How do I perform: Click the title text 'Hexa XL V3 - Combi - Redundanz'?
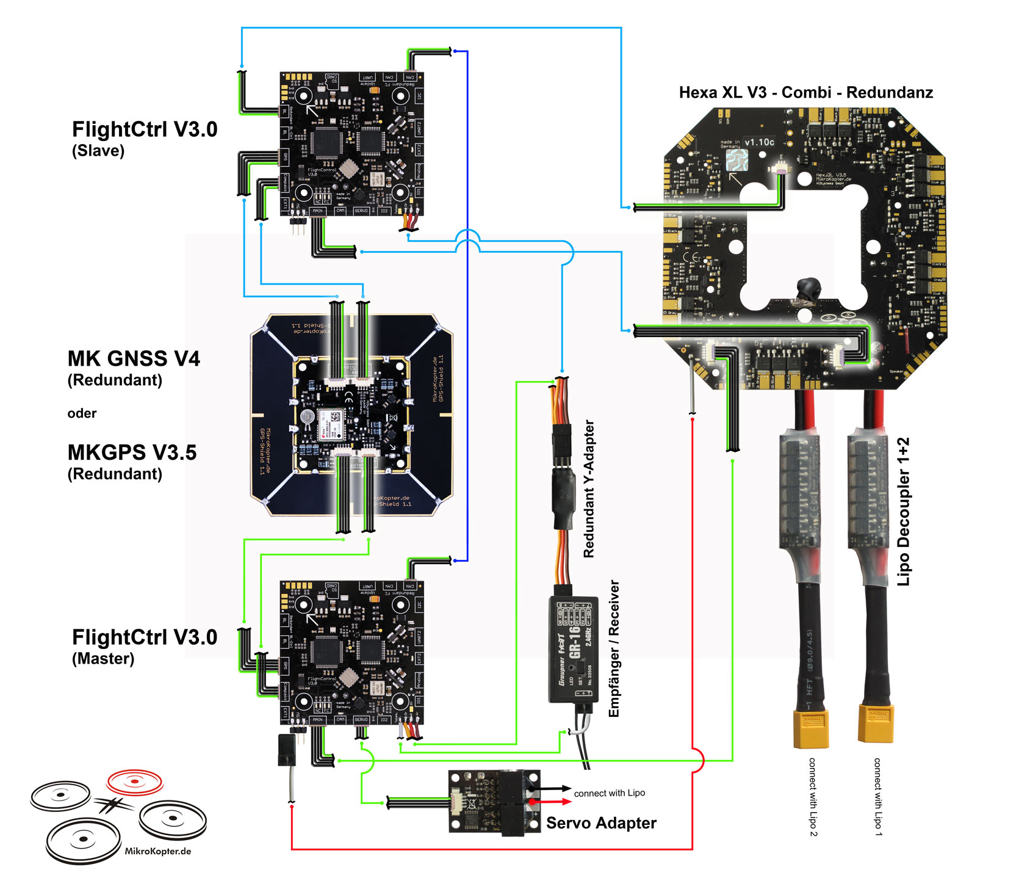[805, 93]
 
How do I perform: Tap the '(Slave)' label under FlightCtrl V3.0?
[98, 151]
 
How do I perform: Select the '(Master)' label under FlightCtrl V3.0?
[103, 659]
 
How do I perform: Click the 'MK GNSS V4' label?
[134, 358]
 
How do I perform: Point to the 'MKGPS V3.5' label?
[132, 452]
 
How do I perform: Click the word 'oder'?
[82, 413]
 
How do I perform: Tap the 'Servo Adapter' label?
[601, 823]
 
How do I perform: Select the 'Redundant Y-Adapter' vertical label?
[589, 488]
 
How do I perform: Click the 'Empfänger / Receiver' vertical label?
[614, 648]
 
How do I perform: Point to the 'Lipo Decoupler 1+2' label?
[904, 512]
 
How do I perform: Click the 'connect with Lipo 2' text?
[812, 797]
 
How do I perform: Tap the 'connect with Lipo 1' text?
[877, 797]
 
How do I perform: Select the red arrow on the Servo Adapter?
[549, 801]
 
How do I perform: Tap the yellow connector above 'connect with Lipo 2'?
[811, 728]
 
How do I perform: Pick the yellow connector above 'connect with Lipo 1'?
[876, 722]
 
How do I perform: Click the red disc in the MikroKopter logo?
[135, 781]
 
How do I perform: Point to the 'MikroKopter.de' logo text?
[157, 851]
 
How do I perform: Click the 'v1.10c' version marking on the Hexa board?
[759, 142]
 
